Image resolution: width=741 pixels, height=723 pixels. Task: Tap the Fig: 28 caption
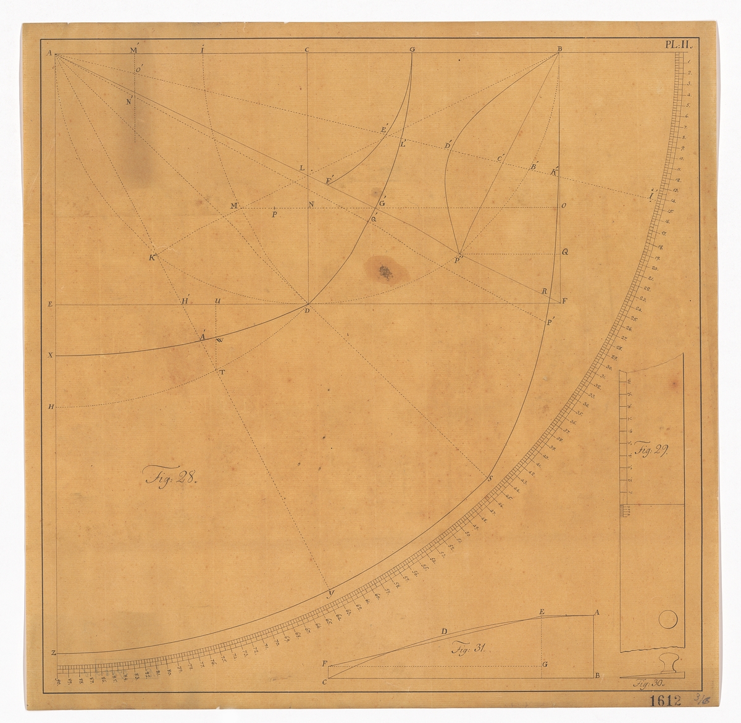(x=170, y=477)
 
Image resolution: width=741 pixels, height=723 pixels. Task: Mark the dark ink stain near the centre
(x=384, y=270)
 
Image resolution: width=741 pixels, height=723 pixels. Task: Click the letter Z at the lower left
(x=54, y=653)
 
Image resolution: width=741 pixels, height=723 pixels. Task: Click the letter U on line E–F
(x=217, y=301)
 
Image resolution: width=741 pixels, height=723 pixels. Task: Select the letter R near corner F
(x=544, y=291)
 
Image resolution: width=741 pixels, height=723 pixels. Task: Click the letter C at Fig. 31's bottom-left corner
(x=325, y=682)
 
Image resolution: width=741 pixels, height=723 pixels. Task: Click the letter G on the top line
(x=412, y=49)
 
